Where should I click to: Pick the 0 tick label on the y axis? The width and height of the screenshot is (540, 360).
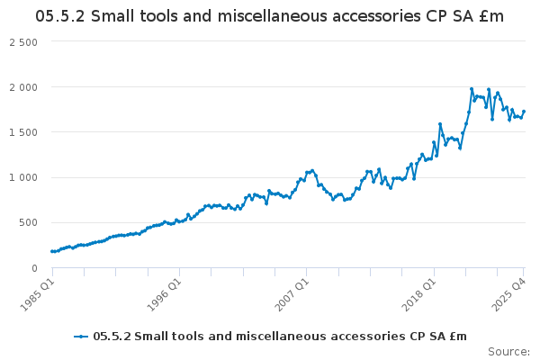tap(34, 267)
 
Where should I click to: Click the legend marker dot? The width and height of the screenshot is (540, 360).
tap(82, 337)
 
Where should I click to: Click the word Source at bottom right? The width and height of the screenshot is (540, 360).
tap(508, 351)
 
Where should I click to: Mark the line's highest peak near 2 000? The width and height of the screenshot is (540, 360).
tap(472, 89)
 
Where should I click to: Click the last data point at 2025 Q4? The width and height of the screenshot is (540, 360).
tap(524, 112)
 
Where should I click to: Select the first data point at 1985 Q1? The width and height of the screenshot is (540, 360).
tap(51, 251)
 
